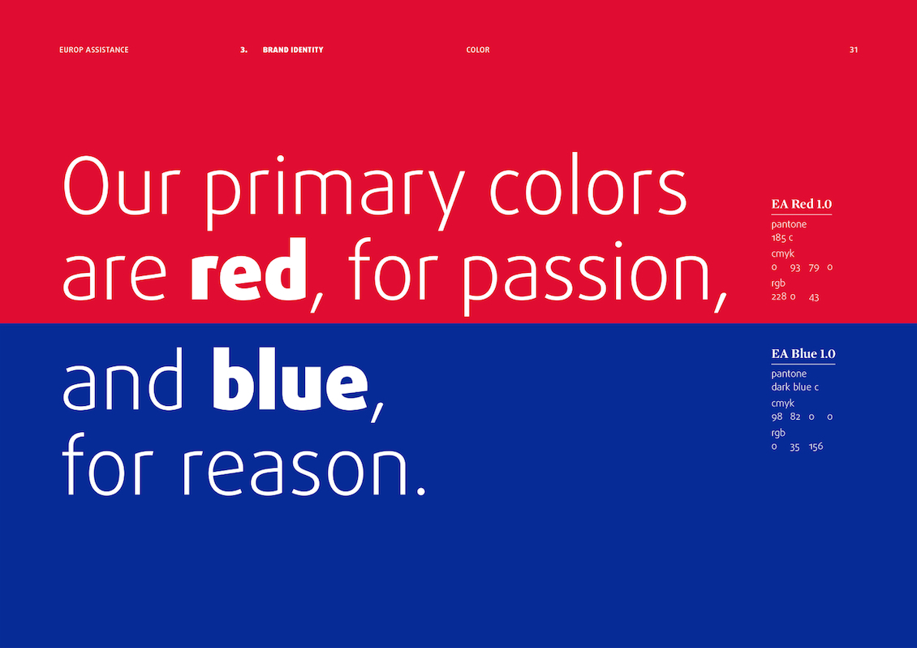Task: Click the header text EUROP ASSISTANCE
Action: pos(93,50)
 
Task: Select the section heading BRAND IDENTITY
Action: pos(293,50)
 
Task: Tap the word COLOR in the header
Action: pos(478,50)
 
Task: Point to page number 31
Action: pos(853,50)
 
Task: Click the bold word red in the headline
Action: pos(248,270)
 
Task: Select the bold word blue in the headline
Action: pos(290,379)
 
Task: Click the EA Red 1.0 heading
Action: pos(801,205)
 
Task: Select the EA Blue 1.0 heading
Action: pos(803,353)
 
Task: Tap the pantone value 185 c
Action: pos(782,238)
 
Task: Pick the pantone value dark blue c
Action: pos(794,387)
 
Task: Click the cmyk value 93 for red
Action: pos(794,267)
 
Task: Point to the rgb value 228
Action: pos(779,296)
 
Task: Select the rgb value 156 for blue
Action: pos(816,446)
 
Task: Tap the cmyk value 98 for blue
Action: pos(777,417)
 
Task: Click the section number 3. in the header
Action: pos(244,50)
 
